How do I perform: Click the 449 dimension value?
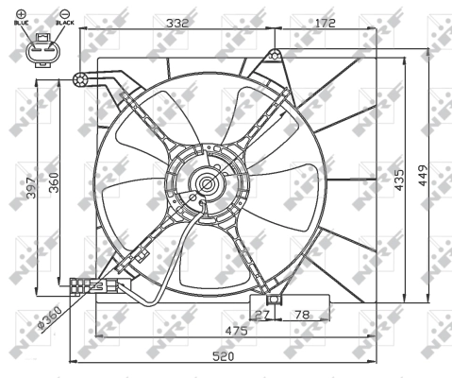click(x=424, y=177)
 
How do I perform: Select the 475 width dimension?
click(x=223, y=331)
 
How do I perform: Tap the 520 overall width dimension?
click(x=223, y=357)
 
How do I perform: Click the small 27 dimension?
click(x=263, y=313)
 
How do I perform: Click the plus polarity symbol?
click(x=21, y=12)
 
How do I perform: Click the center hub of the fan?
click(x=205, y=182)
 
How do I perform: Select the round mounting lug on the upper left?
click(x=81, y=79)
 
